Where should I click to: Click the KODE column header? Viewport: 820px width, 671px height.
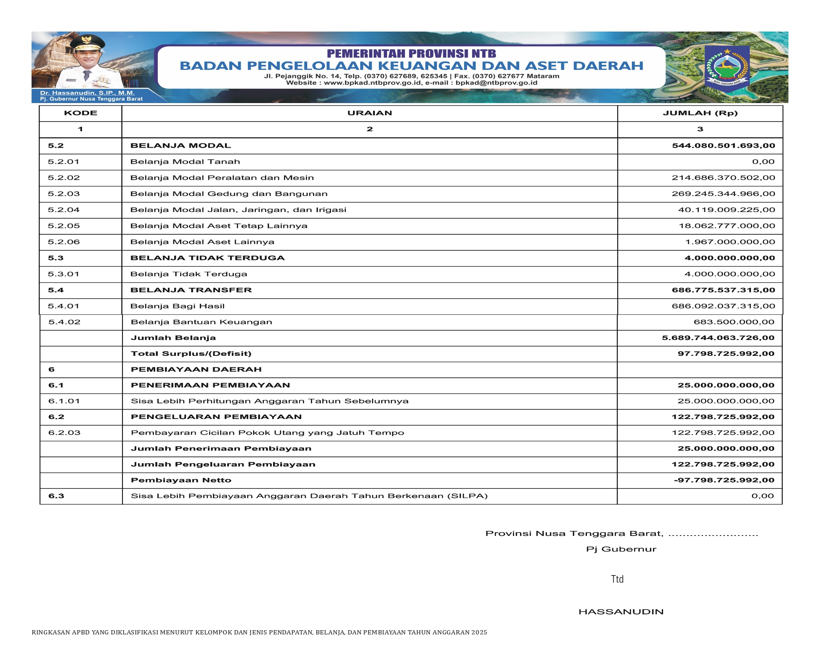[80, 113]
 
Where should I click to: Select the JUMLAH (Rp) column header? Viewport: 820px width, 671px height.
[700, 113]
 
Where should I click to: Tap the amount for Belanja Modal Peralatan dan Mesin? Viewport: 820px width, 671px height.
[723, 178]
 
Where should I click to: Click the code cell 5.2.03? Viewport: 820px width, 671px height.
[64, 194]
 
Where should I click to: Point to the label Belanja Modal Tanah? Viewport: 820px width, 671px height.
[185, 162]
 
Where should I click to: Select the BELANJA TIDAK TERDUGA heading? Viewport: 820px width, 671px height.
[207, 258]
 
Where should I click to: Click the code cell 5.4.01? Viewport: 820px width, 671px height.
[64, 306]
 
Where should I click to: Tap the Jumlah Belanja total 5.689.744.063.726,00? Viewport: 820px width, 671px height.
[718, 337]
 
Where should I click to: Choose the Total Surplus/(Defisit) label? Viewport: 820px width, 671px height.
[191, 353]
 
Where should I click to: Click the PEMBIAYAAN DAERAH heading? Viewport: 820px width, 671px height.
[196, 369]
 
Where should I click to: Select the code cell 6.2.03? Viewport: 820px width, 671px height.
[64, 432]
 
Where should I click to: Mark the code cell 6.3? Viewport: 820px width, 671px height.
[56, 496]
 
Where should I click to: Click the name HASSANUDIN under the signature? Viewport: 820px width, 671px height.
[621, 612]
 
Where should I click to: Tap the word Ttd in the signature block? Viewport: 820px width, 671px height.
[617, 579]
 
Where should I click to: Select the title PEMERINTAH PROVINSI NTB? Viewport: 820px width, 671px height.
[411, 53]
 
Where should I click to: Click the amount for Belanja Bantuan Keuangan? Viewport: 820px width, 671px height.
[734, 322]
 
